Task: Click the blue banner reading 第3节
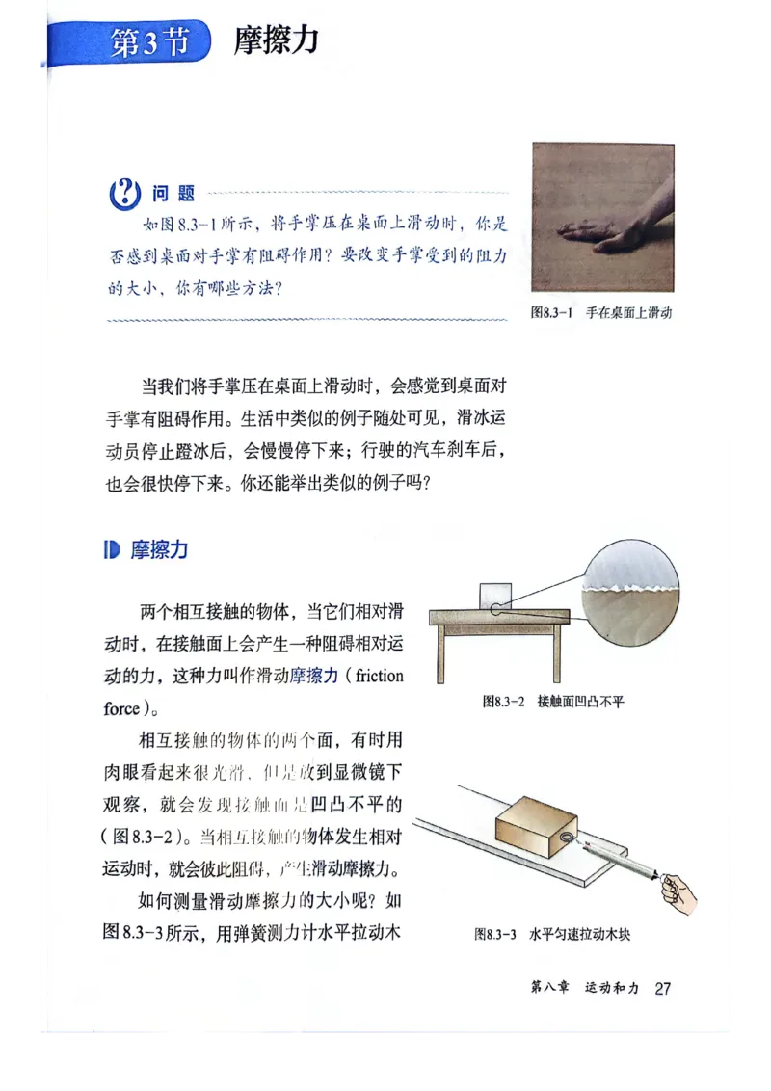[x=145, y=41]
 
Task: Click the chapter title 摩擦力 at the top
[x=276, y=40]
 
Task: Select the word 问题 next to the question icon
[x=173, y=195]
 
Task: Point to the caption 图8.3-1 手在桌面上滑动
[x=601, y=313]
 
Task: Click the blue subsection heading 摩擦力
[x=159, y=550]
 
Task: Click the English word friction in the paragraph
[x=379, y=676]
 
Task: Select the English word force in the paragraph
[x=121, y=708]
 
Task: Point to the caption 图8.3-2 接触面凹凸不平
[x=553, y=702]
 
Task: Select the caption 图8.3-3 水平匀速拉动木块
[x=552, y=934]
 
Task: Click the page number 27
[x=662, y=988]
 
